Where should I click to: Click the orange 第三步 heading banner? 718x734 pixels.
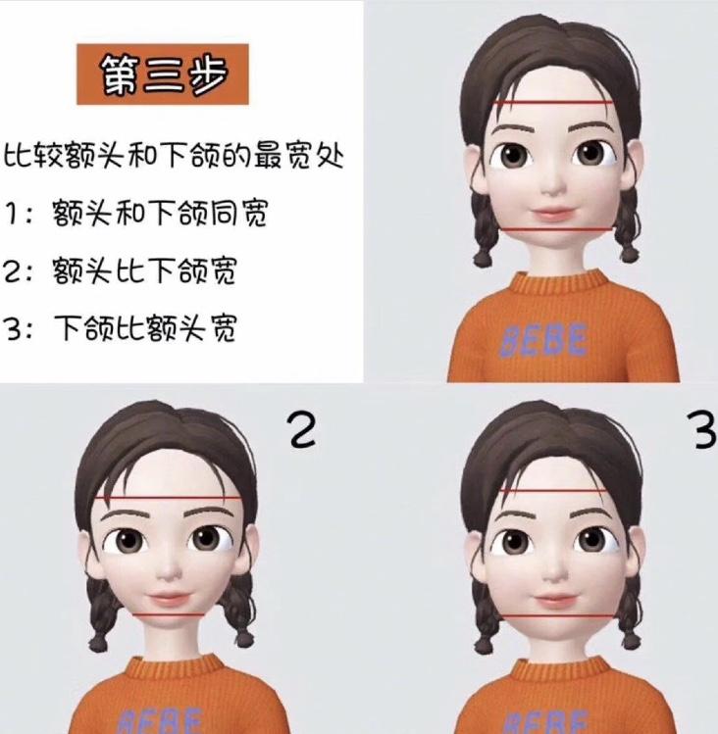(163, 73)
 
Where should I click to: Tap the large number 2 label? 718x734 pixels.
(303, 429)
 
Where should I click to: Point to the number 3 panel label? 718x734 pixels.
(704, 430)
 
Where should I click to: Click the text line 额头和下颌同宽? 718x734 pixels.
(160, 214)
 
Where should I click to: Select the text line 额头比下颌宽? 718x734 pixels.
(144, 270)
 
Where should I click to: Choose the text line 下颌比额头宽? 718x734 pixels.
(144, 327)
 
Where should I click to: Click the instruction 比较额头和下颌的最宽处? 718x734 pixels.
(175, 156)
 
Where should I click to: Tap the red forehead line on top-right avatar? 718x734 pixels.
(553, 102)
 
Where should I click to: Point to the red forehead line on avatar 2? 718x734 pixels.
(169, 499)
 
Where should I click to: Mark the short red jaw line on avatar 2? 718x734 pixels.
(169, 614)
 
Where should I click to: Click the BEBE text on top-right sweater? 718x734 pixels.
(543, 339)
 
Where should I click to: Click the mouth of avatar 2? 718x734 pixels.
(169, 598)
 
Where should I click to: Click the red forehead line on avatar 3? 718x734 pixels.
(554, 491)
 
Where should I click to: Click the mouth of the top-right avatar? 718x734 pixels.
(554, 214)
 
